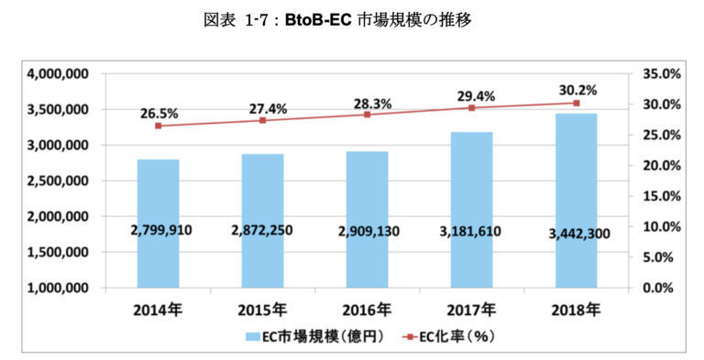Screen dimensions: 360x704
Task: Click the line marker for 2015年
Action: point(263,120)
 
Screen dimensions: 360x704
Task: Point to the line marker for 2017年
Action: point(471,107)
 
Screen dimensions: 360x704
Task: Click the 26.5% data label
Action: point(159,115)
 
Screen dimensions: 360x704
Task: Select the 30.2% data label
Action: point(578,90)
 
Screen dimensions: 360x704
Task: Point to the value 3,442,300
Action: point(577,234)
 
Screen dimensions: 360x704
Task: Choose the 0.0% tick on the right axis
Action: point(657,288)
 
